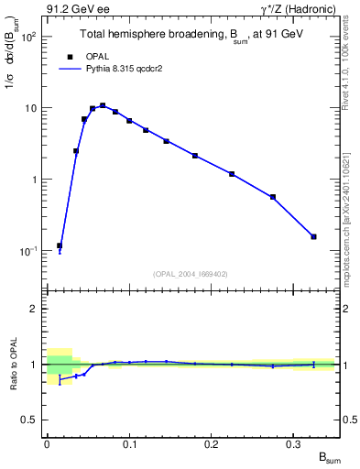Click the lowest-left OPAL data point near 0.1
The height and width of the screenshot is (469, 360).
click(x=60, y=245)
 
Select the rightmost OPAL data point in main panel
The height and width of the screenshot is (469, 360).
click(x=314, y=236)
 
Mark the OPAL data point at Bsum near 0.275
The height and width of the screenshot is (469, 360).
click(x=273, y=197)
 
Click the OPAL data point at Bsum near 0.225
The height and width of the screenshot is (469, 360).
click(x=232, y=174)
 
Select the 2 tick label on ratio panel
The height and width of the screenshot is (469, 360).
click(x=35, y=309)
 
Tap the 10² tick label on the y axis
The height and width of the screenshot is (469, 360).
click(x=28, y=38)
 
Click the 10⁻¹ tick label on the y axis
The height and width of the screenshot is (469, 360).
click(x=27, y=251)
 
